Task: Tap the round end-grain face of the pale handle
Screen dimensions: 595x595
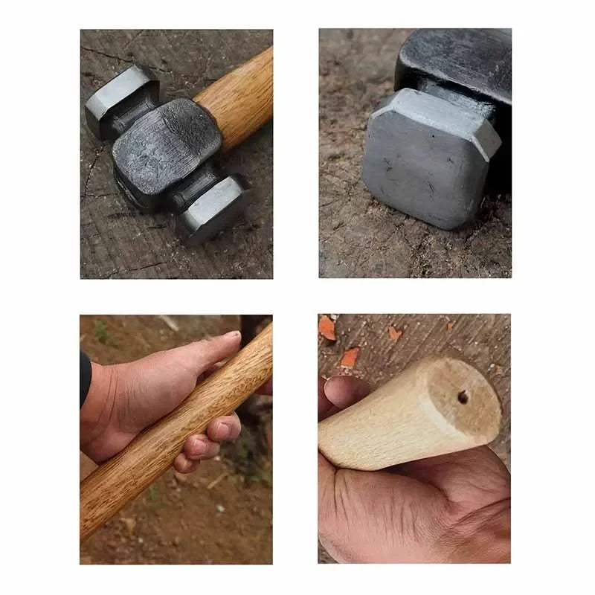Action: (x=457, y=405)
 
